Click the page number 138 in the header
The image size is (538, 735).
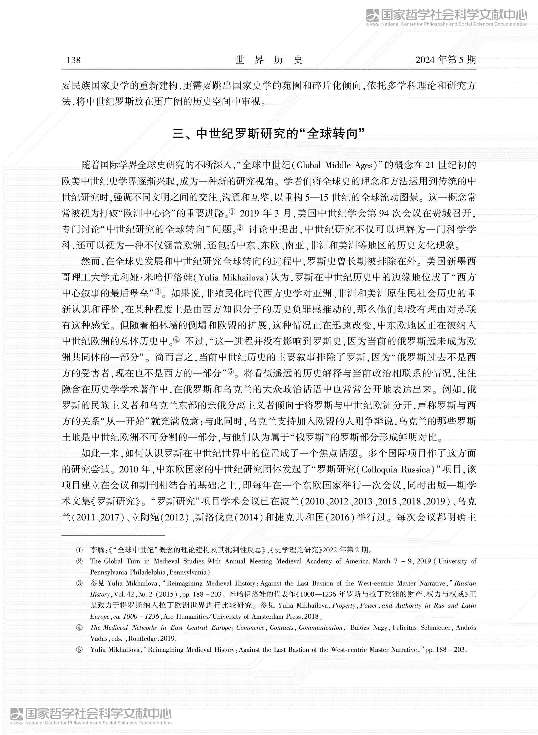click(x=74, y=60)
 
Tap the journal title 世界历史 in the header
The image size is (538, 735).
click(x=269, y=60)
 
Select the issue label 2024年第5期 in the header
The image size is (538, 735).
click(x=446, y=60)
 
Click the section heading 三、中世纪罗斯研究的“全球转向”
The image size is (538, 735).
click(x=269, y=134)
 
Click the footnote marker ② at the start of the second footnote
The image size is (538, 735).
click(x=79, y=561)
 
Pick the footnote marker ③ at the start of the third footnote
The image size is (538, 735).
click(x=79, y=583)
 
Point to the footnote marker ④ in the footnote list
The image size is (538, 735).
click(x=79, y=628)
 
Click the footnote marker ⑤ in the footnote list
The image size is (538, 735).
click(x=79, y=650)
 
